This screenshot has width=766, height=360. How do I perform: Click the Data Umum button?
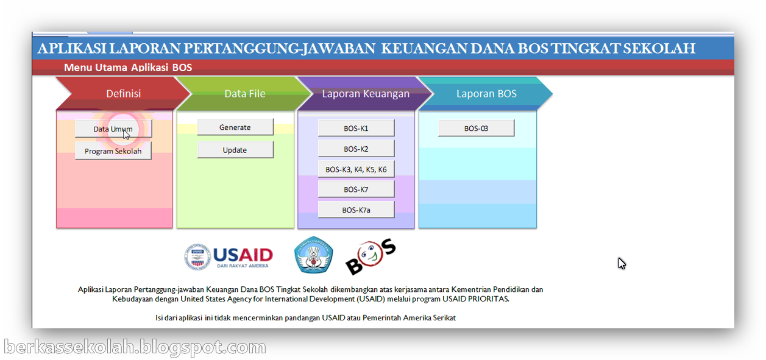tap(113, 129)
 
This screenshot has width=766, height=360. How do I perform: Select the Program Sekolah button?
tap(113, 151)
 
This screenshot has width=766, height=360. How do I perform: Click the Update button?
tap(235, 150)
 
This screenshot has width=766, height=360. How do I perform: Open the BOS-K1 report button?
tap(356, 129)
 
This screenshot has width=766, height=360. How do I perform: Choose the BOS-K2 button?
tap(356, 149)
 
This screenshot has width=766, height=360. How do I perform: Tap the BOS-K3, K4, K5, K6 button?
tap(356, 169)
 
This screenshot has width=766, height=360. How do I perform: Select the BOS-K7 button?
tap(356, 189)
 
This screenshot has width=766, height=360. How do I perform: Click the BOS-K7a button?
tap(356, 210)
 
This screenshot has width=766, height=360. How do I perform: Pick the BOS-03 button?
tap(476, 129)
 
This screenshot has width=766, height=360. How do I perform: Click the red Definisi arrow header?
tap(123, 94)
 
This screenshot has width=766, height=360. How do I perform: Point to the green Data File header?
tap(244, 94)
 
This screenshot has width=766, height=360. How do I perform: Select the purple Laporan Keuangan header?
tap(366, 94)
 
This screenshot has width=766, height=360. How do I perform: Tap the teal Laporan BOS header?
tap(486, 94)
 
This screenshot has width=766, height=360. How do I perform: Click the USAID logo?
tap(229, 256)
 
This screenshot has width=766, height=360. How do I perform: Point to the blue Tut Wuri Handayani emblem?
tap(314, 255)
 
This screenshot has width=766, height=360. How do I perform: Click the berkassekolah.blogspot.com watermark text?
tap(135, 347)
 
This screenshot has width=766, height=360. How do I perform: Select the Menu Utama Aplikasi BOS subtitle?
tap(128, 68)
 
